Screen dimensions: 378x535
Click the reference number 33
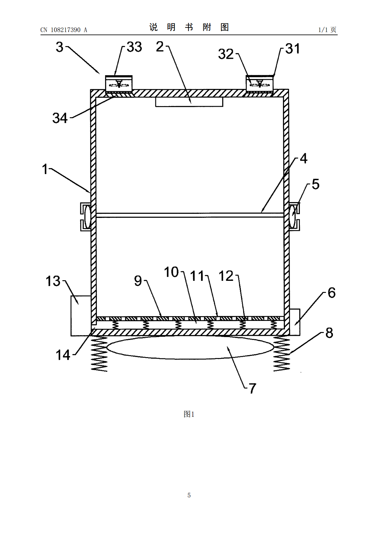tap(134, 47)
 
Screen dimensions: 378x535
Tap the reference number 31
tap(293, 49)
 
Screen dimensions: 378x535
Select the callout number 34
tap(60, 118)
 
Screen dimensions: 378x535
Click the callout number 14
tap(63, 355)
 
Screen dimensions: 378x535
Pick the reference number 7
tap(253, 388)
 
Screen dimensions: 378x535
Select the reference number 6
tap(332, 293)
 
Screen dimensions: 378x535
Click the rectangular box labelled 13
tap(81, 316)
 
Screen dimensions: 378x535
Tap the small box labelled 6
tap(294, 322)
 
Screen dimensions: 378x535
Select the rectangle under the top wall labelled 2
tap(189, 102)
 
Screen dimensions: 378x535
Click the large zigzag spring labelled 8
tap(282, 354)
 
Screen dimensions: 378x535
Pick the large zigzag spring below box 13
tap(99, 354)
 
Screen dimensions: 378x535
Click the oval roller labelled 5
tap(292, 217)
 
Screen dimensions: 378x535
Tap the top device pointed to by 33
tap(119, 84)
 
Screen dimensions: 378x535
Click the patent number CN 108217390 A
tap(64, 30)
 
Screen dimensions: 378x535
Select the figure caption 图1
tap(189, 414)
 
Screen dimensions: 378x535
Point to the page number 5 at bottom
tap(189, 495)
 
